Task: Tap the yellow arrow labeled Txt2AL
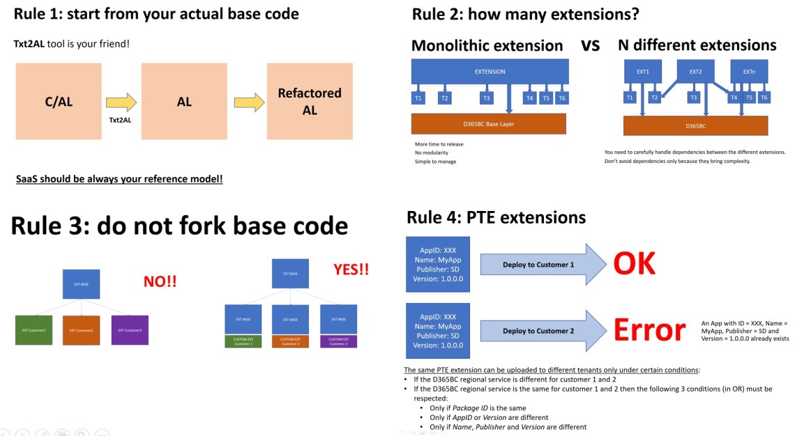[121, 104]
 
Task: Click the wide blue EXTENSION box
[490, 72]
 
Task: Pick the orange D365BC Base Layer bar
[488, 124]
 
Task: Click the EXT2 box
[695, 71]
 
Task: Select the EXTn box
[749, 71]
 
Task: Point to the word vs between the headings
[590, 45]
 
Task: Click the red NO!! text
[160, 281]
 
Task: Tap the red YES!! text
[351, 269]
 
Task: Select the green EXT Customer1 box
[33, 329]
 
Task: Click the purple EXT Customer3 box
[130, 329]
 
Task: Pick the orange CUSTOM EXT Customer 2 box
[291, 341]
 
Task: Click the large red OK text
[634, 264]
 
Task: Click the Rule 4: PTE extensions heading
[496, 217]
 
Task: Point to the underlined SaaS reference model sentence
[119, 179]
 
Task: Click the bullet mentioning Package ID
[478, 407]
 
